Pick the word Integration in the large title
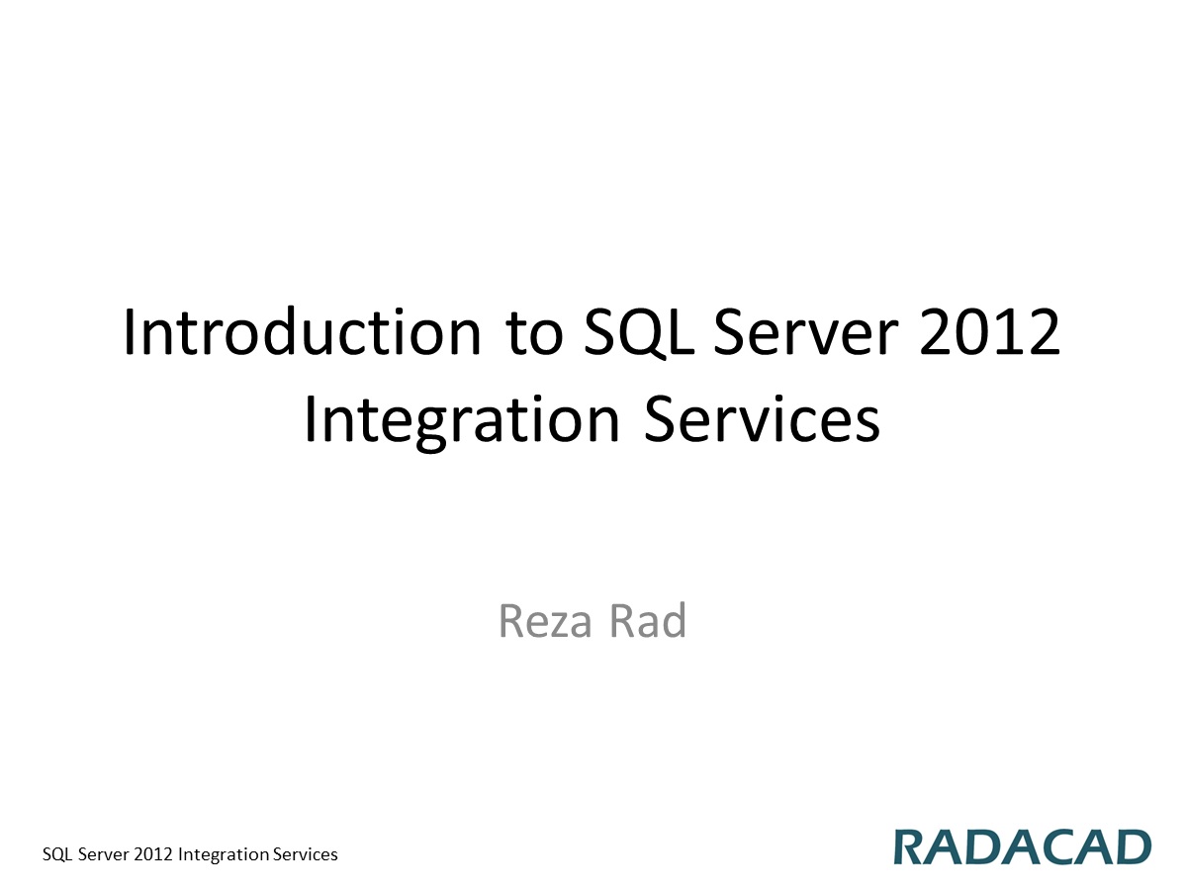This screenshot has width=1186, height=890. point(461,420)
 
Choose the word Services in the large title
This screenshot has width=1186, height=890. point(762,420)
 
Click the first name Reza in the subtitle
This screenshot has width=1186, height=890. point(546,621)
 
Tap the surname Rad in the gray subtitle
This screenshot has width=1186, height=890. point(648,621)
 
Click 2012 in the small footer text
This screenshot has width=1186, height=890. point(153,854)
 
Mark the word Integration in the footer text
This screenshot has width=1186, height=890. point(224,854)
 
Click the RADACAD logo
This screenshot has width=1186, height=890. point(1023,847)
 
